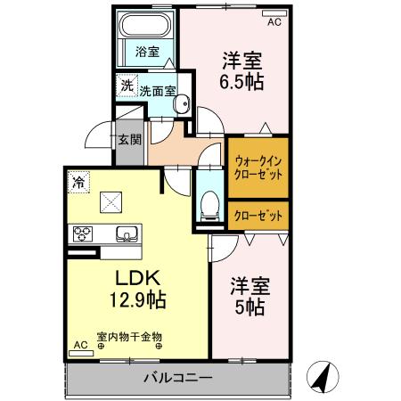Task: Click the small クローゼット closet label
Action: pyautogui.click(x=258, y=216)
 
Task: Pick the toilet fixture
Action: pyautogui.click(x=210, y=204)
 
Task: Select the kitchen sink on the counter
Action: pyautogui.click(x=126, y=235)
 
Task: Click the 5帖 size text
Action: pyautogui.click(x=249, y=307)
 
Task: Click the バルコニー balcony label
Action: pyautogui.click(x=178, y=378)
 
